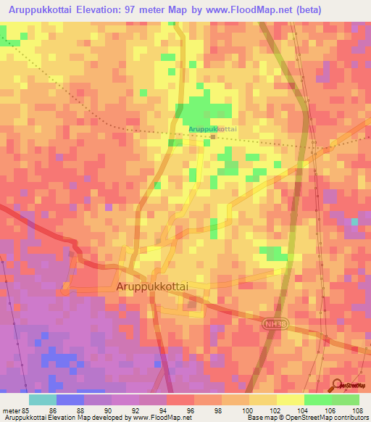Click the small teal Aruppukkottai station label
click(212, 128)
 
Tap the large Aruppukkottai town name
click(152, 287)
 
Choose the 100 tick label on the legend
click(248, 410)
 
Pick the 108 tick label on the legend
click(357, 410)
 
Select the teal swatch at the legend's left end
click(43, 400)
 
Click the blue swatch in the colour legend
click(70, 400)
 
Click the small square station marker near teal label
click(212, 136)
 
